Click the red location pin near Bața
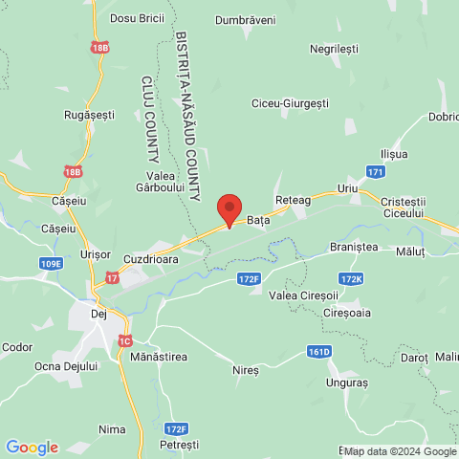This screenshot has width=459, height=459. pyautogui.click(x=229, y=208)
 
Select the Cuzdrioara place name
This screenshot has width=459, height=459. pyautogui.click(x=154, y=259)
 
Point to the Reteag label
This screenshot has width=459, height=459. pyautogui.click(x=294, y=201)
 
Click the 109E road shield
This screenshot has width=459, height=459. pyautogui.click(x=52, y=263)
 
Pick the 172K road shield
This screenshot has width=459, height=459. pyautogui.click(x=351, y=278)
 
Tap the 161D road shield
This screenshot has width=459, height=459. pyautogui.click(x=318, y=352)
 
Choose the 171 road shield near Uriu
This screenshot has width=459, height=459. pyautogui.click(x=376, y=172)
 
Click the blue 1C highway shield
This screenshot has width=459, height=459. pyautogui.click(x=125, y=340)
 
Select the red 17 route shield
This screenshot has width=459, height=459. pyautogui.click(x=113, y=278)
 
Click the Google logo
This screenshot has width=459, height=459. pyautogui.click(x=32, y=447)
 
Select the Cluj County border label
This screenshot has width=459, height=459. pyautogui.click(x=150, y=118)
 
